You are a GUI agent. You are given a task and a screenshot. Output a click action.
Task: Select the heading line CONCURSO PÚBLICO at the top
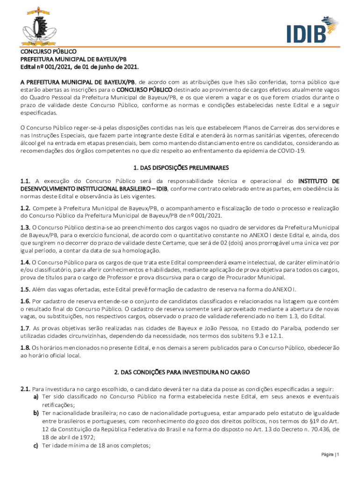[x=48, y=51]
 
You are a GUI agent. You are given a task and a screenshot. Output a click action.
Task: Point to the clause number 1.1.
[x=25, y=181]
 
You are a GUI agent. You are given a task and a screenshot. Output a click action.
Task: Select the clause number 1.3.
[x=25, y=227]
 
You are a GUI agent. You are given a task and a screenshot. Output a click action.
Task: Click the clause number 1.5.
[x=25, y=289]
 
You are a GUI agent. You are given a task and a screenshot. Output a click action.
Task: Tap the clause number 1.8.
[x=25, y=348]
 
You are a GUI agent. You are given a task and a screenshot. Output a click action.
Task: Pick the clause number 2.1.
[x=25, y=389]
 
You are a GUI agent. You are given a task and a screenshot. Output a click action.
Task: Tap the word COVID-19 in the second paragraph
[x=290, y=151]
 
